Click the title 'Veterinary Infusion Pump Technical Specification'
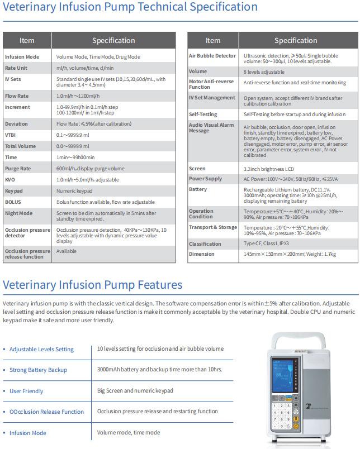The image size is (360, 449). tap(130, 8)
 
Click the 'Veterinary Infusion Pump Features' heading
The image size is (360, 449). tap(92, 285)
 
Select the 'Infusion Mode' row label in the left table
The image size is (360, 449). tap(22, 57)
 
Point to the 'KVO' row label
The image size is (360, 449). tap(10, 180)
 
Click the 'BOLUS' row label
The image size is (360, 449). tap(13, 202)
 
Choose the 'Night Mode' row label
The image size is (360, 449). tap(18, 213)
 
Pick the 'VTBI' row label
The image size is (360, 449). tap(11, 135)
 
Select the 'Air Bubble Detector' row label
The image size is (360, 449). tap(212, 56)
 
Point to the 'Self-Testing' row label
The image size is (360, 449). tap(203, 114)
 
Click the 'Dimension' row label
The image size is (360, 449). tap(202, 254)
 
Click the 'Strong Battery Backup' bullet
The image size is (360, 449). tap(38, 370)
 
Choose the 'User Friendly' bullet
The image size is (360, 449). tap(26, 391)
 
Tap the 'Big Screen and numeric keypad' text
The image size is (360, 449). tap(135, 390)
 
